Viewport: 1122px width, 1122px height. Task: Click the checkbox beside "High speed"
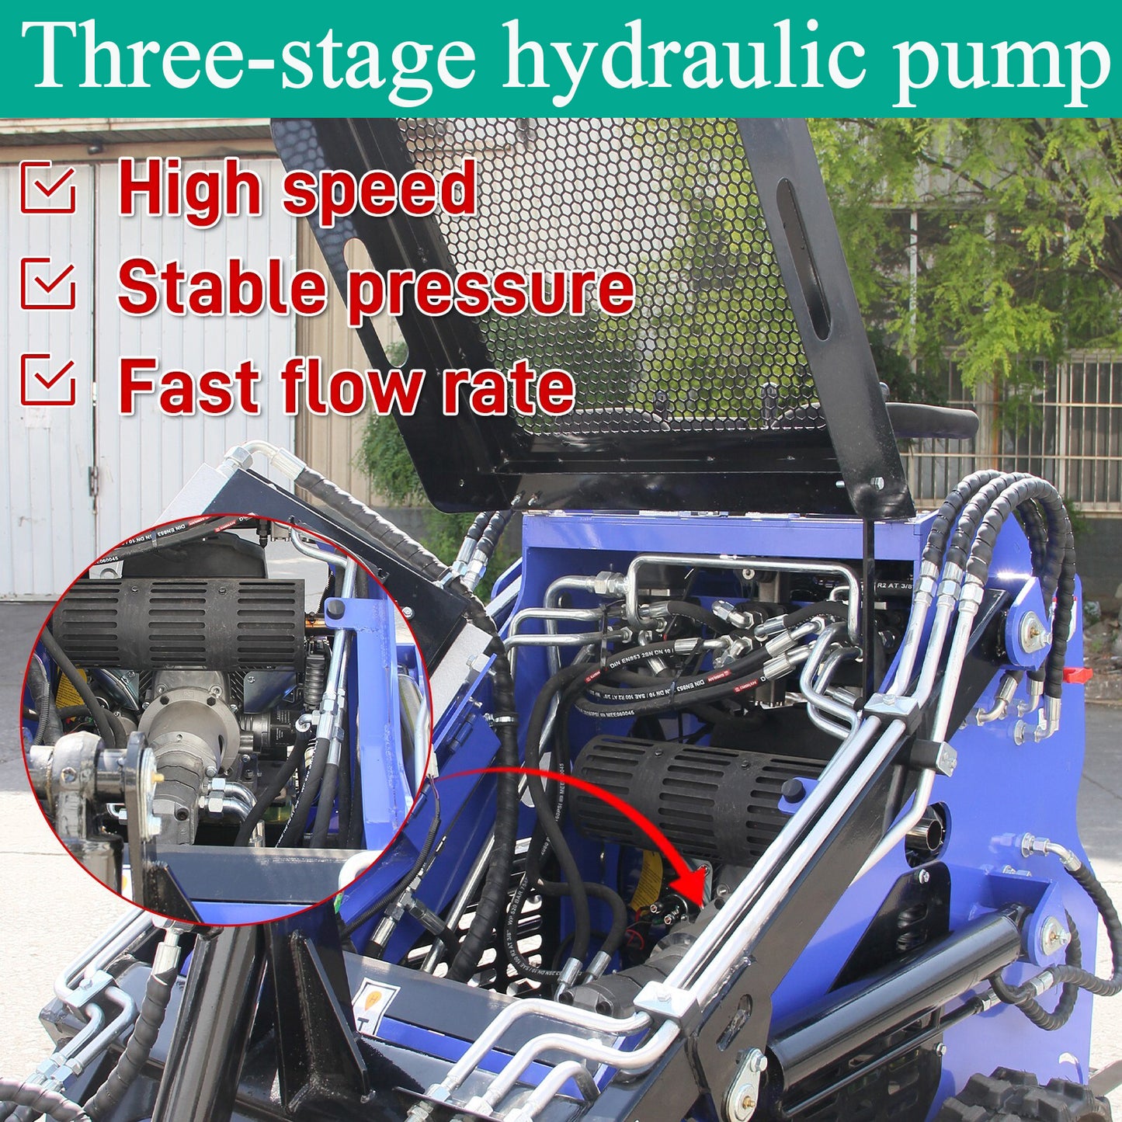[48, 187]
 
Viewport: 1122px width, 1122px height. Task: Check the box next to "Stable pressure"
[48, 285]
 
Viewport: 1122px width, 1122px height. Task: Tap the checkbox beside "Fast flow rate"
[48, 380]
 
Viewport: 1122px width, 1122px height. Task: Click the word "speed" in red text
[379, 190]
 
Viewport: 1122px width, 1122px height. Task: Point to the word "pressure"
[491, 289]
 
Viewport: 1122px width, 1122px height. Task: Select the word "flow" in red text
[353, 386]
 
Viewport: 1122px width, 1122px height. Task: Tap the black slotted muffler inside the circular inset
[179, 624]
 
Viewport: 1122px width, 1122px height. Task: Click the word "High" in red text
[189, 190]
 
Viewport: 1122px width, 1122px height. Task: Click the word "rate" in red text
[509, 386]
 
